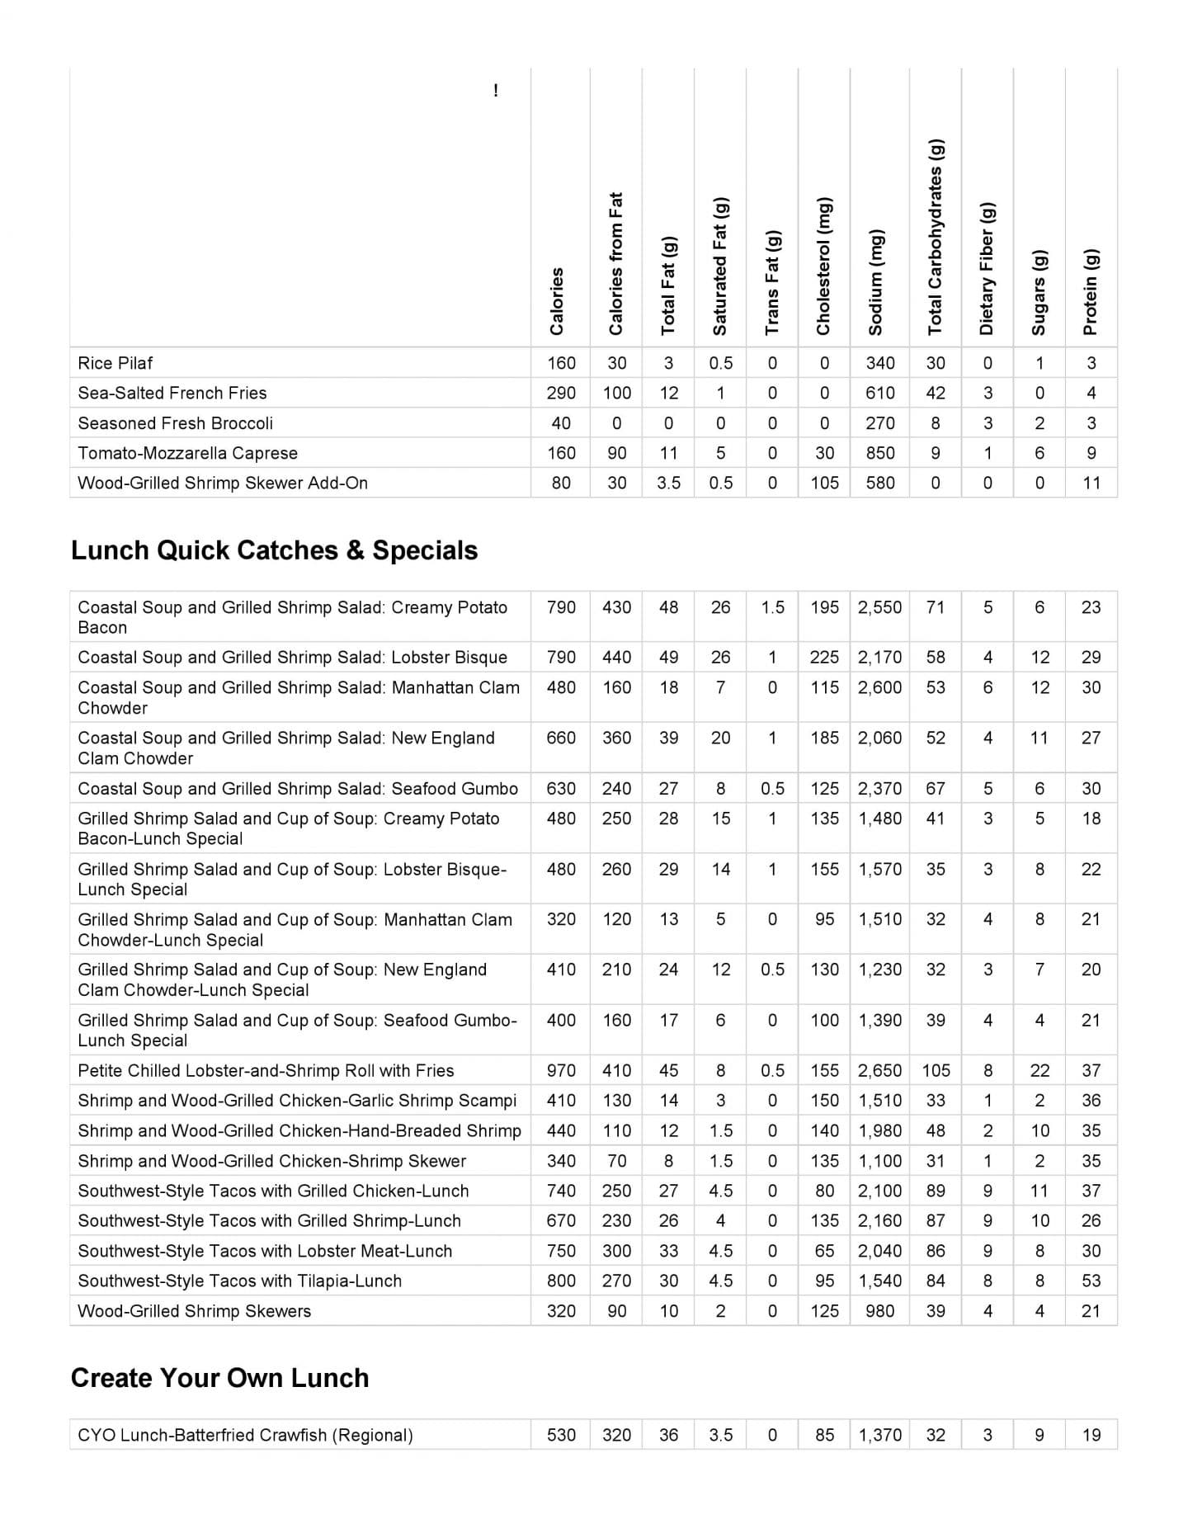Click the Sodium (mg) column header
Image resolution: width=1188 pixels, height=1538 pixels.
point(875,282)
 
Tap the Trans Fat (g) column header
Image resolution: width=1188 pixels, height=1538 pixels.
point(771,282)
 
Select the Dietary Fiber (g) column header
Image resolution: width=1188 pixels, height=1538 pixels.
point(987,268)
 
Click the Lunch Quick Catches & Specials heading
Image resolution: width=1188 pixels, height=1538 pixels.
point(274,550)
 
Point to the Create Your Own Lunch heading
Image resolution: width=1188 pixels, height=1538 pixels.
point(219,1378)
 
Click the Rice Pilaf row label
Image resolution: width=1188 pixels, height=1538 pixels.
point(115,363)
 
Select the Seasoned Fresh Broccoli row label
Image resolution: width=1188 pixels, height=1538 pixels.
point(175,423)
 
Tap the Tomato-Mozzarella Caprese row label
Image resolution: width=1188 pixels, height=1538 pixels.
point(187,453)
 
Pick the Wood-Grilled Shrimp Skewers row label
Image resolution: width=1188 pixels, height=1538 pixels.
point(194,1311)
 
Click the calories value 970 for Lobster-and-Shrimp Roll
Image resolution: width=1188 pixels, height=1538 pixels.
point(561,1070)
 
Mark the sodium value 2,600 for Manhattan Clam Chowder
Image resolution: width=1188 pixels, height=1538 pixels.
point(879,687)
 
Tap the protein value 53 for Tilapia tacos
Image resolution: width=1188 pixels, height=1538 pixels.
point(1091,1281)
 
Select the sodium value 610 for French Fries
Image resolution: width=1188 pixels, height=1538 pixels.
point(879,393)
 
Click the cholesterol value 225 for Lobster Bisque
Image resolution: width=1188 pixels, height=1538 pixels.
point(824,658)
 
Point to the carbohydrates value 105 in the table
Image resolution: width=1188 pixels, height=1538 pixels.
point(936,1070)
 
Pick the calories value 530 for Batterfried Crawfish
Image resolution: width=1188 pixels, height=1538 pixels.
point(561,1435)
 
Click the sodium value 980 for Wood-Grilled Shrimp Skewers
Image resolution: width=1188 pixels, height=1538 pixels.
point(879,1311)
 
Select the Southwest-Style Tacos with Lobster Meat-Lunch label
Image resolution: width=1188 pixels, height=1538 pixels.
point(265,1251)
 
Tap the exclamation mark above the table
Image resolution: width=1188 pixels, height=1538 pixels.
point(495,91)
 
